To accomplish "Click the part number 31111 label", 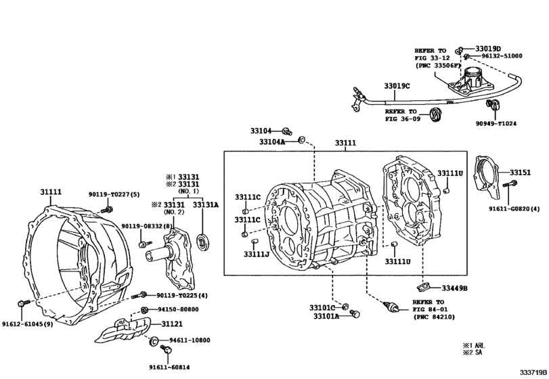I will click(x=51, y=193).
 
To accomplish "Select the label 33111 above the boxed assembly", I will click(x=347, y=143).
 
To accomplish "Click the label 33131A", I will click(x=206, y=204).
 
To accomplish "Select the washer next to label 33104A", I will click(x=302, y=141).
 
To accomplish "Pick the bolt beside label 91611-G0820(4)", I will click(x=512, y=184).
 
